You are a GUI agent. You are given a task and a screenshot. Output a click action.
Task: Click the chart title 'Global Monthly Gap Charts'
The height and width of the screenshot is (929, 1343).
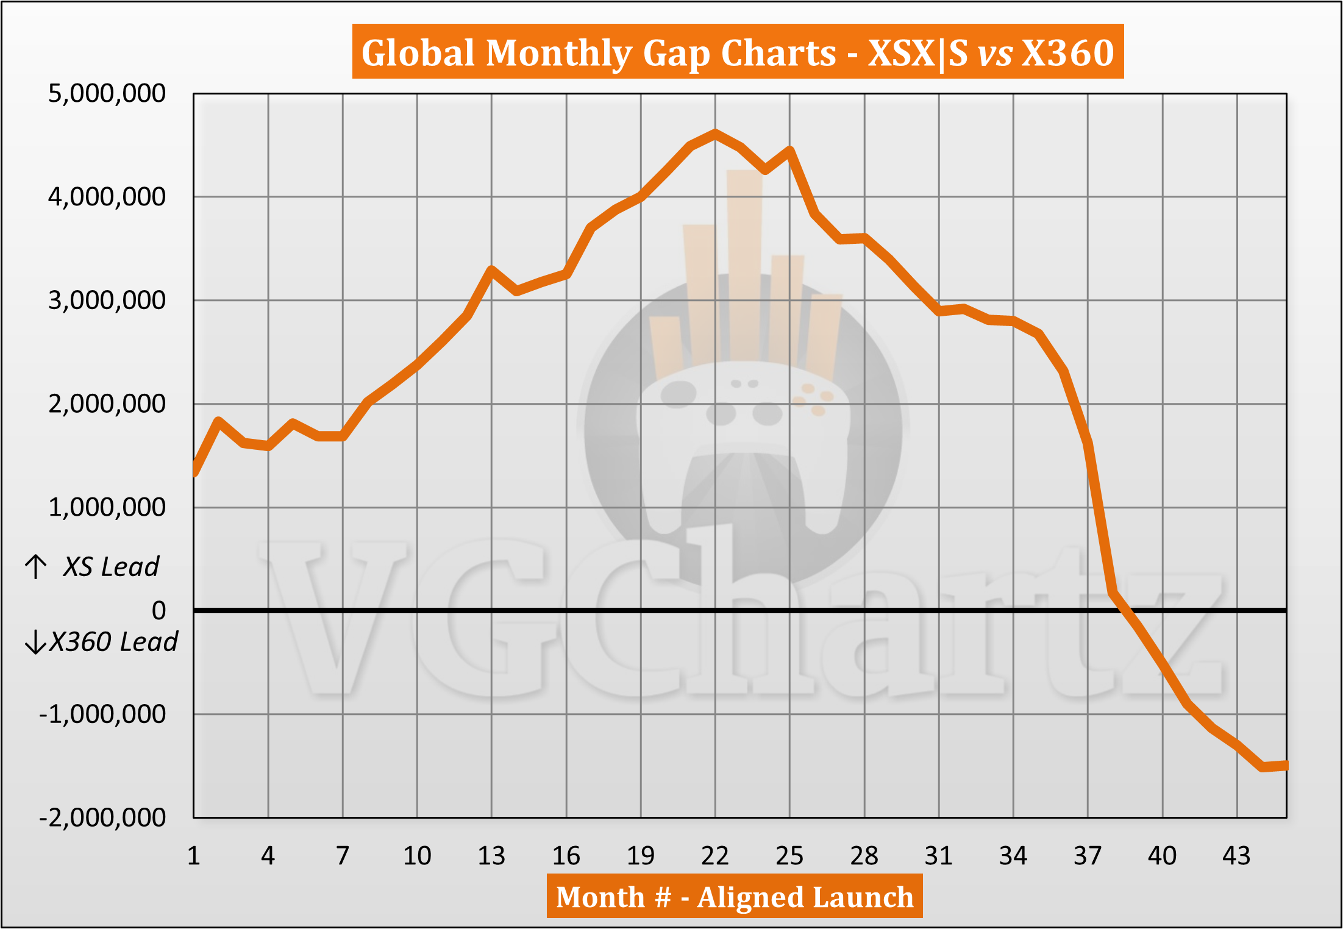(738, 52)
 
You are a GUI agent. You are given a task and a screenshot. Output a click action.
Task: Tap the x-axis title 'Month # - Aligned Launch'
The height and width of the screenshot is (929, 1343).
(735, 897)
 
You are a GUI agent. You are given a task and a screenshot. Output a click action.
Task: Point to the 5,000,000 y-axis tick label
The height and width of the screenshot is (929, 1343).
(107, 93)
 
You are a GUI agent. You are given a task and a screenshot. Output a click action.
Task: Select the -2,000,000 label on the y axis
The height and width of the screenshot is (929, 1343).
(102, 817)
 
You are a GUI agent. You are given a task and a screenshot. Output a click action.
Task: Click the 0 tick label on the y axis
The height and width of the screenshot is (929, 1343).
(159, 610)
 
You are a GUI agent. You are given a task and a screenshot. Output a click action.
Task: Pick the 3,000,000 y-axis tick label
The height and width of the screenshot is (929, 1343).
(107, 300)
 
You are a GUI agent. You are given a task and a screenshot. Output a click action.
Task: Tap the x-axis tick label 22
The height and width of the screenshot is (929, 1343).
(715, 856)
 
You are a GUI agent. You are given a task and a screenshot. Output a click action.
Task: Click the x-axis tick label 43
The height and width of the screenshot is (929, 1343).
(1236, 856)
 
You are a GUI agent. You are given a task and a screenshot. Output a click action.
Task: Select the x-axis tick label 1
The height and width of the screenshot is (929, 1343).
(194, 856)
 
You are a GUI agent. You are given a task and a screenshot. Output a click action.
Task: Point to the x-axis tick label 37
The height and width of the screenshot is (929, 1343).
(1088, 856)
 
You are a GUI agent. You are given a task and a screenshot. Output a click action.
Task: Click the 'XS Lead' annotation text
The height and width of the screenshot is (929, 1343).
(111, 567)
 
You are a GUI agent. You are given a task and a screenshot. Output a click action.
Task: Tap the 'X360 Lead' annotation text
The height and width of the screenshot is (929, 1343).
(113, 642)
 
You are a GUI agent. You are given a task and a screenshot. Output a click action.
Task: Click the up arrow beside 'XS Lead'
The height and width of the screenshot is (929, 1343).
(36, 566)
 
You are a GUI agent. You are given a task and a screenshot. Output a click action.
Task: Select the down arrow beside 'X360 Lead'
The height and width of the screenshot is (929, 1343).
(35, 642)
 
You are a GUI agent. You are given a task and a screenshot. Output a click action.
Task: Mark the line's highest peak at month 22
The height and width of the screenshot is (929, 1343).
(715, 133)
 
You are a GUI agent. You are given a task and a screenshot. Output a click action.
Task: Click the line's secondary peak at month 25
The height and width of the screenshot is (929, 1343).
(789, 150)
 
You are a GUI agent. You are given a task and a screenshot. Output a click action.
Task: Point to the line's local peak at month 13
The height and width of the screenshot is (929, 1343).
(491, 269)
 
